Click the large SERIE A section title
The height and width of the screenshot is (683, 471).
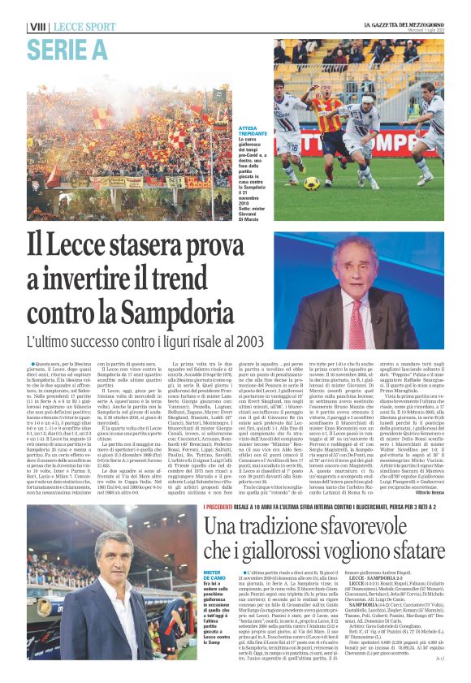pyautogui.click(x=67, y=50)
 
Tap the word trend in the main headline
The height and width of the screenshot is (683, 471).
pyautogui.click(x=223, y=277)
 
